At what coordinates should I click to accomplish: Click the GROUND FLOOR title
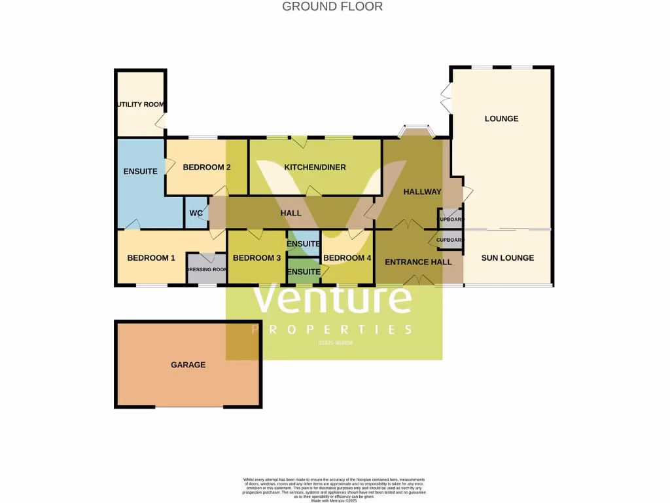332,7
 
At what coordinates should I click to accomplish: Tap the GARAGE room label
188,365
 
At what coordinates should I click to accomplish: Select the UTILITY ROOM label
141,105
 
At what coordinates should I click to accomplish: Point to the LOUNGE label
501,119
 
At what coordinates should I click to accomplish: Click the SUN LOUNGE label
508,258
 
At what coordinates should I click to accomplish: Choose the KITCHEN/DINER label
315,168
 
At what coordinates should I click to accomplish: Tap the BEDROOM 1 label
151,258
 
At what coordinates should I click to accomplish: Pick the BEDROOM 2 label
207,168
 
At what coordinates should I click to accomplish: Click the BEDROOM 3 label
256,258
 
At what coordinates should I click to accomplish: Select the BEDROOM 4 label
347,258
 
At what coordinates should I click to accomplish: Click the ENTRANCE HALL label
418,262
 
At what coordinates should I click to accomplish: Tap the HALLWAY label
422,192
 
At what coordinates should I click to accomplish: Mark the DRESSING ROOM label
207,269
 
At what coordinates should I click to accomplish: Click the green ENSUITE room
304,272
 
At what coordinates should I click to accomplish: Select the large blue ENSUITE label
141,172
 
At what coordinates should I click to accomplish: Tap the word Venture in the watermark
332,299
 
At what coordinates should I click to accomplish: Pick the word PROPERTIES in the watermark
332,329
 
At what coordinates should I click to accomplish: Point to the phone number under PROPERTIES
335,343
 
